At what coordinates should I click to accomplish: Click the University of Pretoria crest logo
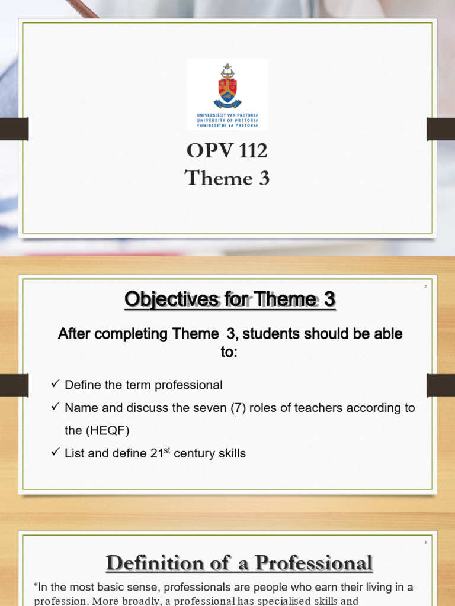coord(227,86)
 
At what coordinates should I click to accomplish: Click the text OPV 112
coord(227,151)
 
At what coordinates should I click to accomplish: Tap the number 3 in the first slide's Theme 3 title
coord(263,178)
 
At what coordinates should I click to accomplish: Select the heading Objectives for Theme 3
coord(230,300)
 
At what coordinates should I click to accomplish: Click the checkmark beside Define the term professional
coord(56,385)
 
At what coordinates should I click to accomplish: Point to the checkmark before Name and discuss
coord(56,407)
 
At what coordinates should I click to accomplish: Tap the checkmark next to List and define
coord(56,453)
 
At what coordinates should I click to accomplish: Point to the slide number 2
coord(425,287)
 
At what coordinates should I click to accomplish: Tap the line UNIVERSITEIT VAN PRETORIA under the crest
coord(227,115)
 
